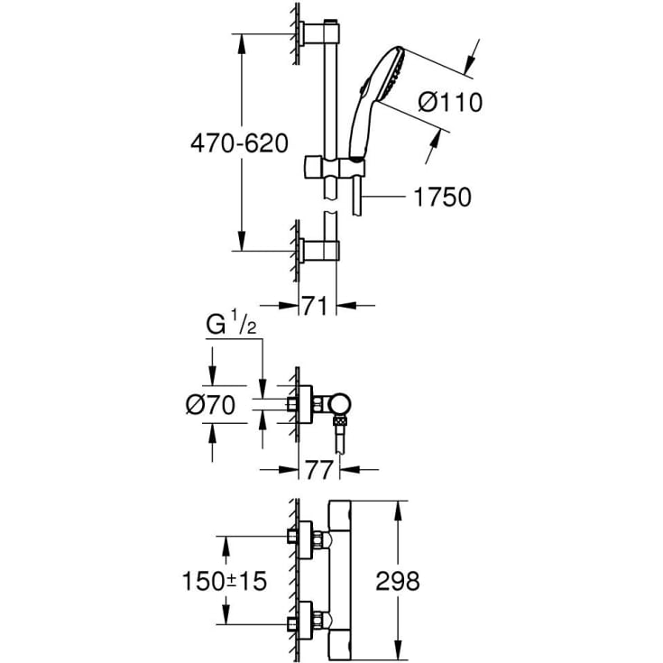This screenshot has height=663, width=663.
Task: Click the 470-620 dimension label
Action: click(239, 143)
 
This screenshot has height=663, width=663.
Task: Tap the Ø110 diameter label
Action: click(450, 102)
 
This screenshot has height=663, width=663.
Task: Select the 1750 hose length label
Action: click(442, 197)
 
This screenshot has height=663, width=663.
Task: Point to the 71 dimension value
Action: click(314, 305)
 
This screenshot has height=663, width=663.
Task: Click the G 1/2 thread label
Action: click(231, 325)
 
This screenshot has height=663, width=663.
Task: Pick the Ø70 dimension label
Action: click(210, 405)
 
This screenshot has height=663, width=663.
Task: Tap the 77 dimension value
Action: click(318, 470)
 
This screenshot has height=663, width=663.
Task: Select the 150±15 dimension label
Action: click(225, 581)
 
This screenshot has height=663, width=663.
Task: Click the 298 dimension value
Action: click(398, 581)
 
